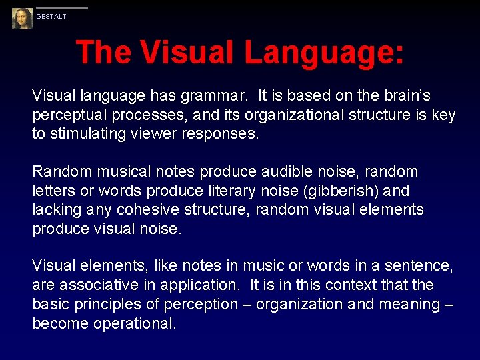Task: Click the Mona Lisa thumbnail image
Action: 22,18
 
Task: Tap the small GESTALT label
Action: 51,17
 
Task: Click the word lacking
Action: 55,210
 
